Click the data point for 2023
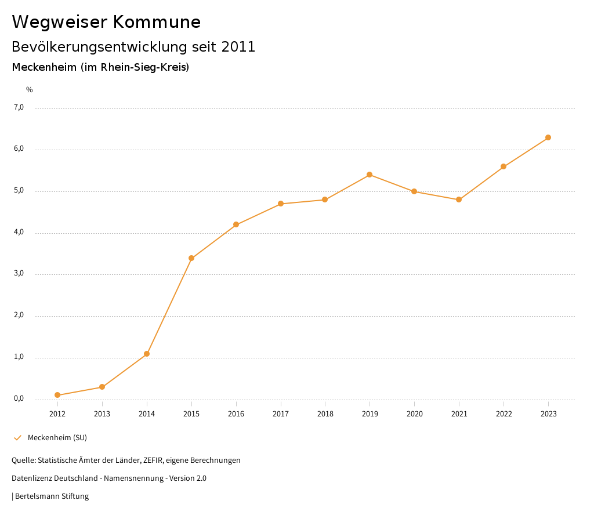coord(548,137)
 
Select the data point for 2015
coord(191,258)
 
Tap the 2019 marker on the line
coord(370,175)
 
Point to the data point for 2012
coord(57,395)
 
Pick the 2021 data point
coord(459,200)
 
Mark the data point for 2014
coord(147,354)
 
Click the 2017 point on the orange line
coord(281,204)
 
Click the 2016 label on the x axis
coord(236,414)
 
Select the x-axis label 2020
coord(414,414)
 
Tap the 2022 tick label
coord(504,414)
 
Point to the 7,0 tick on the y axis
coord(19,107)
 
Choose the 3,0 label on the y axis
coord(19,274)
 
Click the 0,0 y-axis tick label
coord(19,398)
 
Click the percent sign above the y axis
coord(30,90)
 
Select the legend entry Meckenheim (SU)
coord(57,437)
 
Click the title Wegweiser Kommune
coord(106,22)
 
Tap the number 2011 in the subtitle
coord(238,47)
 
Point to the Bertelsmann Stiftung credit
coord(52,496)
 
